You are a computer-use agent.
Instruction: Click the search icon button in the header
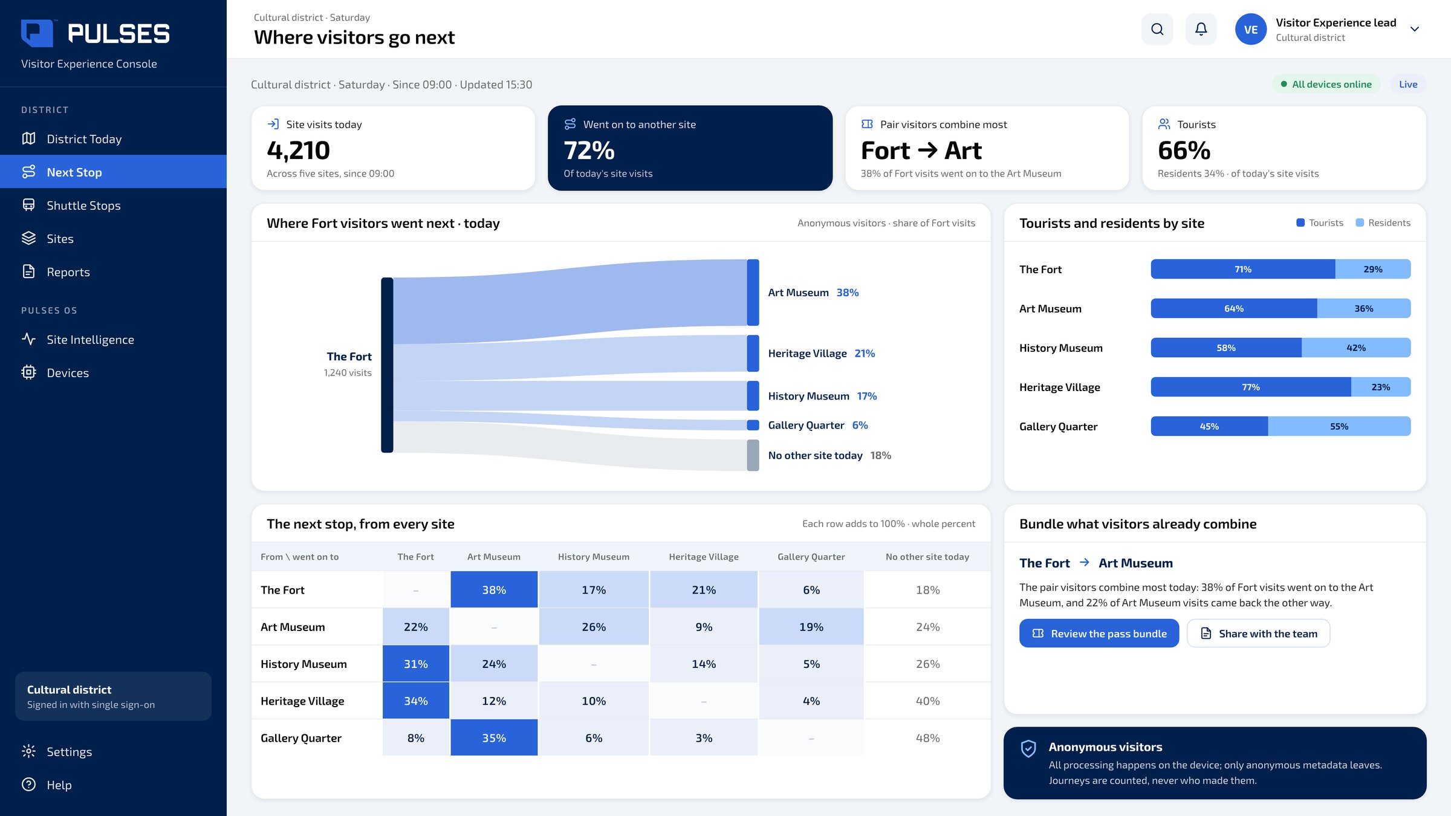point(1157,29)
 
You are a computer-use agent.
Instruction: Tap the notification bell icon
point(1201,29)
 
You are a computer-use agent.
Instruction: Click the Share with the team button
point(1259,633)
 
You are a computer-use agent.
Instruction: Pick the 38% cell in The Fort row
point(494,590)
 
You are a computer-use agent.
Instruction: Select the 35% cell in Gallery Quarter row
point(494,738)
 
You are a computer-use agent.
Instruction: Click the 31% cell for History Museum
point(416,664)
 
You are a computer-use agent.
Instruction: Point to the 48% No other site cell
point(927,738)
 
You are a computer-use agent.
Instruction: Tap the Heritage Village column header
point(704,557)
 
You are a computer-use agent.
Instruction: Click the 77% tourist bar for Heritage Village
point(1251,387)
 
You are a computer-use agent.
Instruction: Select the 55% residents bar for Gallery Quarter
point(1339,426)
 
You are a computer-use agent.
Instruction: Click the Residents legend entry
point(1383,223)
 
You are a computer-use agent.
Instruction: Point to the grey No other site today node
point(753,455)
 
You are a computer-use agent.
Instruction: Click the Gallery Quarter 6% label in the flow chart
point(818,426)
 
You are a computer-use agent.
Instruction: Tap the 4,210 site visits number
point(299,151)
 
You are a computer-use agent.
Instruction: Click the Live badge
point(1408,85)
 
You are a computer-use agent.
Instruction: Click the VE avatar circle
point(1251,29)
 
